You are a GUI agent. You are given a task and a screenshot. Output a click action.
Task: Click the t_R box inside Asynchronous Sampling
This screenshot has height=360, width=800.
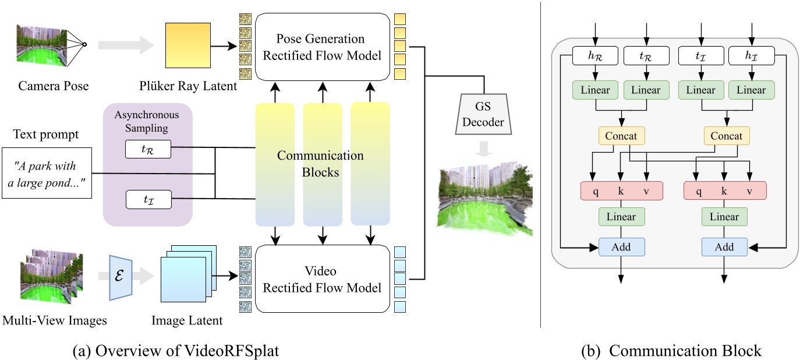(x=148, y=149)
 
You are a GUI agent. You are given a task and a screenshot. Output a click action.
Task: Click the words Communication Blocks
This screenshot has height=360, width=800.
(x=320, y=163)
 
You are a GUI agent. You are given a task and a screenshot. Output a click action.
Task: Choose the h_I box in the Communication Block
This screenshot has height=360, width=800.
(x=751, y=56)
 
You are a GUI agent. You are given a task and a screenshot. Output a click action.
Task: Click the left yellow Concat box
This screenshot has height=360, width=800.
(x=622, y=136)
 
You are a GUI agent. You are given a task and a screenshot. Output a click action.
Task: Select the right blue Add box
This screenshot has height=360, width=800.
(x=724, y=246)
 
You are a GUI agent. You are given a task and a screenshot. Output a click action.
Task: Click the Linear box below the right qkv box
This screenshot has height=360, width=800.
(x=724, y=217)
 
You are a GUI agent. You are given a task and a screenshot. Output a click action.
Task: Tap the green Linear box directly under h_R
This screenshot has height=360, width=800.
(x=596, y=90)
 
